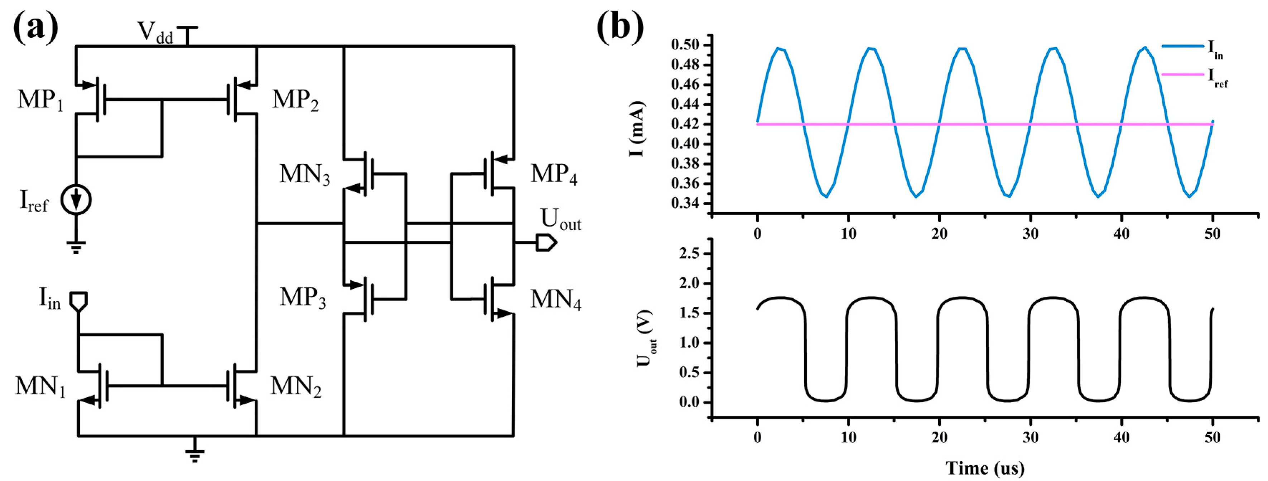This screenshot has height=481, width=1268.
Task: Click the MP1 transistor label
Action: (41, 101)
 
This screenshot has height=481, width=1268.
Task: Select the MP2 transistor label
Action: (295, 101)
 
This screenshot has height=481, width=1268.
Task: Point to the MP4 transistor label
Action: (554, 175)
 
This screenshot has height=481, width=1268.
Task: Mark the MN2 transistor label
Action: (296, 387)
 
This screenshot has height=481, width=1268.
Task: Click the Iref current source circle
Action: (76, 200)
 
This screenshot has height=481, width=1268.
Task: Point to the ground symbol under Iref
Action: (76, 246)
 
